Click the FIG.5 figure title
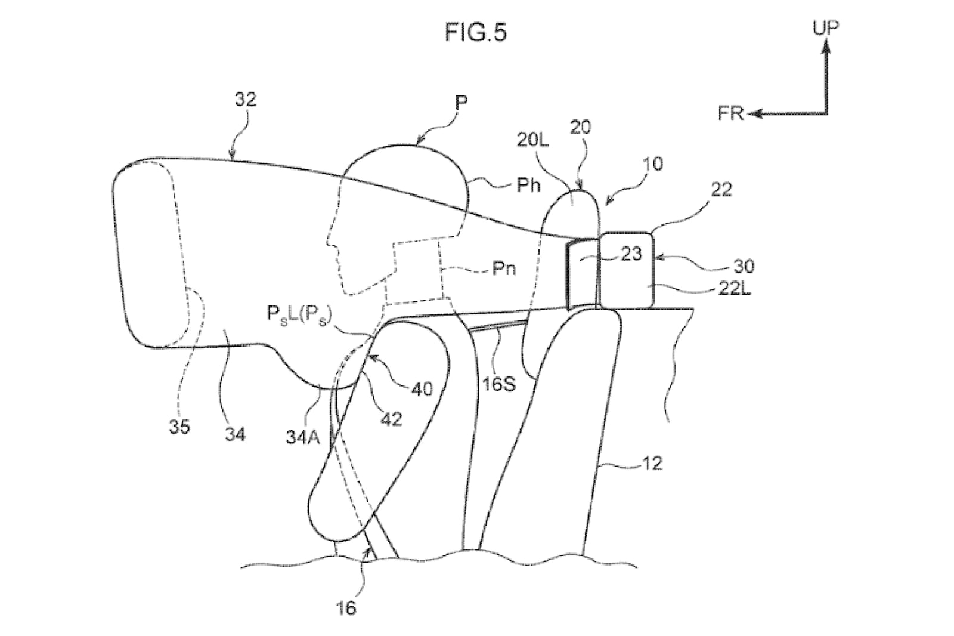pyautogui.click(x=476, y=32)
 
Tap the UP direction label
pyautogui.click(x=825, y=27)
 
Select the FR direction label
pyautogui.click(x=730, y=113)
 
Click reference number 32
pyautogui.click(x=246, y=100)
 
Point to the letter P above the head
pyautogui.click(x=461, y=103)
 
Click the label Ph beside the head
pyautogui.click(x=528, y=185)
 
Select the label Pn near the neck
pyautogui.click(x=504, y=268)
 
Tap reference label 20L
pyautogui.click(x=533, y=140)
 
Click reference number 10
pyautogui.click(x=652, y=164)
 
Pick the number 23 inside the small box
pyautogui.click(x=631, y=254)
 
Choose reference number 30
pyautogui.click(x=744, y=267)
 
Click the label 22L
pyautogui.click(x=735, y=289)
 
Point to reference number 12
pyautogui.click(x=652, y=464)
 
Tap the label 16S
pyautogui.click(x=499, y=384)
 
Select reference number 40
pyautogui.click(x=422, y=389)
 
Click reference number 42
pyautogui.click(x=391, y=419)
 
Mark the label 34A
pyautogui.click(x=303, y=438)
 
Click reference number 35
pyautogui.click(x=179, y=427)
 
